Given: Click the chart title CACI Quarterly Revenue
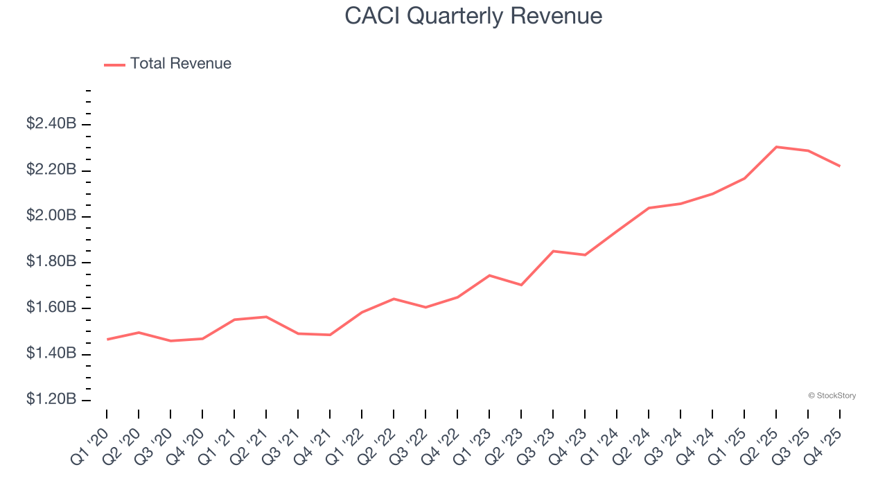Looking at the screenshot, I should (x=473, y=16).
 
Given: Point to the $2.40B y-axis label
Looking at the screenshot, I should (x=51, y=124).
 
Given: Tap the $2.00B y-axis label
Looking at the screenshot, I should (x=51, y=216).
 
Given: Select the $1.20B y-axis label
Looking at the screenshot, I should (x=51, y=400).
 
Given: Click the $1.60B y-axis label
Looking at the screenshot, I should (x=51, y=308).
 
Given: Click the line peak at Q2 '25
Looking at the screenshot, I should (x=776, y=147).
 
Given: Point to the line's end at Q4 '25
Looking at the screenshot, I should (x=840, y=166).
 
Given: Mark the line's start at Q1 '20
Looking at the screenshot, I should (x=107, y=340).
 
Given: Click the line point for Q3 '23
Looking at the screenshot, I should (x=553, y=251).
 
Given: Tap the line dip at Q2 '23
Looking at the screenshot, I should (x=521, y=285).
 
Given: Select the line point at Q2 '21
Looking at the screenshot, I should (x=266, y=317).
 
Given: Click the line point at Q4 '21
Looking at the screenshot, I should (x=330, y=335).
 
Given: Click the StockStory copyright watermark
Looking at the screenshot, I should (x=832, y=396).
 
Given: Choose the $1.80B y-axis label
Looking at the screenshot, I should (x=51, y=262).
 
